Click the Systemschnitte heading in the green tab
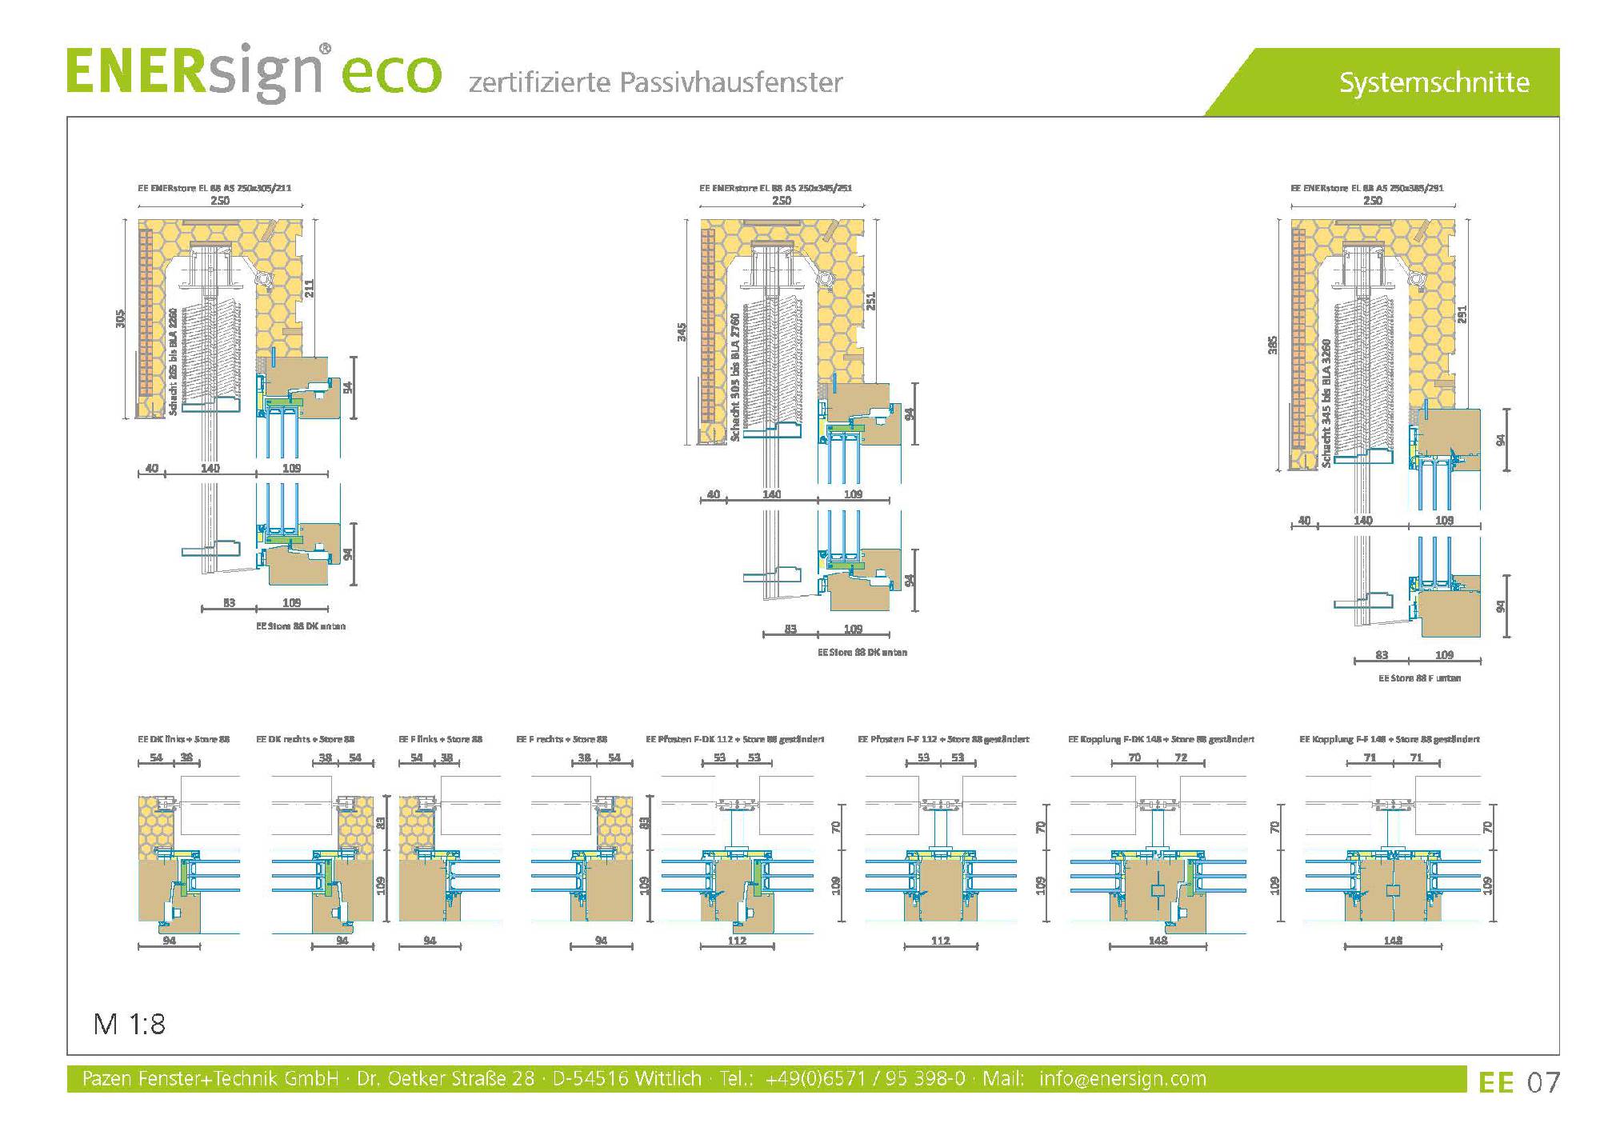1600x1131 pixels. point(1434,82)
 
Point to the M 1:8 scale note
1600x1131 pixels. point(129,1024)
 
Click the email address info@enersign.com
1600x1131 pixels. point(1122,1079)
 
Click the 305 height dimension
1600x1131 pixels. point(121,318)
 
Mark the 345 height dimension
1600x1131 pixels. point(682,331)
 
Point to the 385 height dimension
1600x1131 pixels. point(1273,345)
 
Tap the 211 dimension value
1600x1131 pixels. point(310,288)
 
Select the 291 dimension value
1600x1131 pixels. point(1462,314)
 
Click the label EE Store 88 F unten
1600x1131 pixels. point(1419,678)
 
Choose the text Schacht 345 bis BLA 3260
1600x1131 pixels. point(1326,403)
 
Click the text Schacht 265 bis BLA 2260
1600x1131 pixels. point(174,362)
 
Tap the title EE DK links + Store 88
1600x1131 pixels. point(184,739)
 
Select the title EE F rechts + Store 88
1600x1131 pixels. point(562,739)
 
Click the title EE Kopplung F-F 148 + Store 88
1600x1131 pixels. point(1390,739)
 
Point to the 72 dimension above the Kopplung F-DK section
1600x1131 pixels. point(1181,757)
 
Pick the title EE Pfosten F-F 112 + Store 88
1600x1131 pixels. point(943,739)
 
